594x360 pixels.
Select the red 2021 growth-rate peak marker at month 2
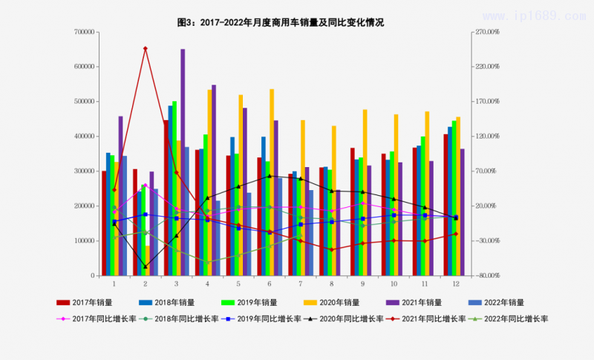point(145,48)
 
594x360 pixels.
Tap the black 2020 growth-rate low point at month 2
point(145,266)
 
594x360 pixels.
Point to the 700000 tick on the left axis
point(87,32)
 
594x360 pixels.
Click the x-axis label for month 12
point(455,284)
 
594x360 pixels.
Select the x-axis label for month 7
point(300,284)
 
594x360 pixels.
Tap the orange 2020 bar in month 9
point(365,193)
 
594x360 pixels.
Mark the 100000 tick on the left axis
point(87,240)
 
